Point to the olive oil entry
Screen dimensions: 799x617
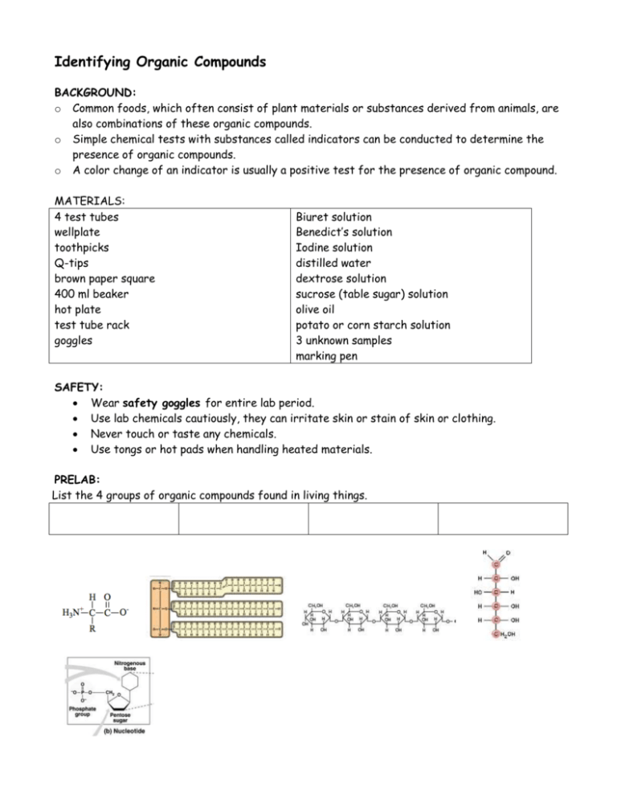coord(318,309)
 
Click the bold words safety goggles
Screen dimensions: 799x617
coord(160,403)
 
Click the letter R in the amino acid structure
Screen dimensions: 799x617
coord(92,629)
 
